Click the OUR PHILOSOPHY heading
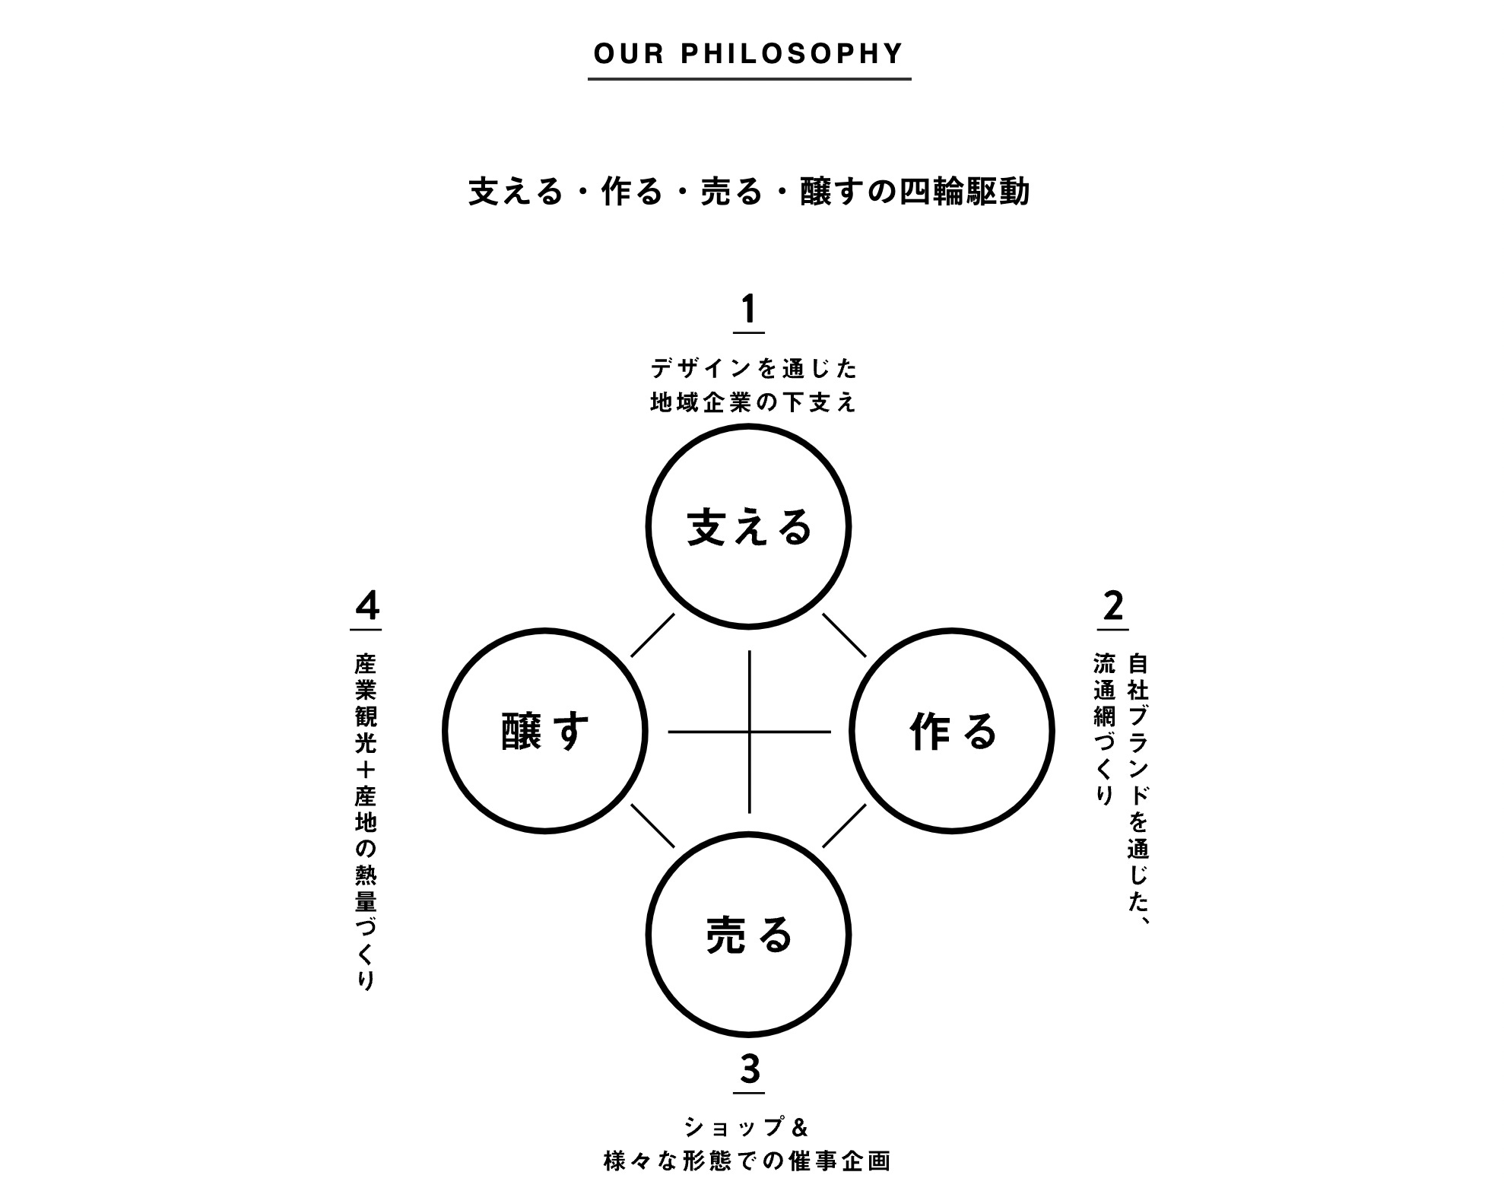tap(748, 54)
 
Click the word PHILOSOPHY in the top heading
tap(792, 54)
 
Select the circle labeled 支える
tap(748, 527)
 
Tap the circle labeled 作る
tap(952, 732)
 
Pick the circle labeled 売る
tap(748, 935)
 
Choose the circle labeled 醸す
tap(544, 732)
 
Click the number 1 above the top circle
tap(749, 310)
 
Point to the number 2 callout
tap(1112, 607)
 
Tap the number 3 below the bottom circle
tap(750, 1070)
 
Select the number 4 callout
tap(367, 607)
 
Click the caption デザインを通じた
tap(754, 370)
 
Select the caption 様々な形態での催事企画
tap(747, 1162)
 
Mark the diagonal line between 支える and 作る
tap(846, 635)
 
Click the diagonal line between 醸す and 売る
tap(652, 826)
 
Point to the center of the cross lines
tap(750, 732)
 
